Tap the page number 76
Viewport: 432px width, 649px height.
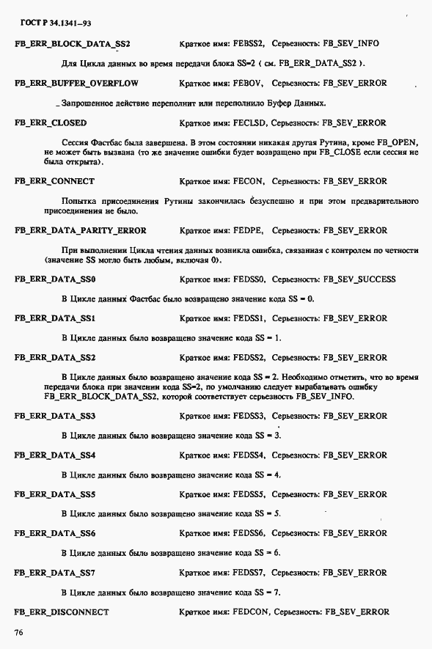click(x=20, y=631)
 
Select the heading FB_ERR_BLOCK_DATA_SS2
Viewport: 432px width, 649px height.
click(x=72, y=44)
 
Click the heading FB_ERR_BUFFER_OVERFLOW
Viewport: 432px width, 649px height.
click(x=76, y=84)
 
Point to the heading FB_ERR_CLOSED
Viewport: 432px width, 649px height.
click(x=50, y=123)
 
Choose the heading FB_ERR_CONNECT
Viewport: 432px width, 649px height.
click(x=54, y=180)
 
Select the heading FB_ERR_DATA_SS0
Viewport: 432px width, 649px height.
click(x=55, y=279)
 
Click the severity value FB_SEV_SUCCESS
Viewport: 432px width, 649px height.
click(x=359, y=279)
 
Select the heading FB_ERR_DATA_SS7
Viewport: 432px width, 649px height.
click(x=55, y=572)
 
